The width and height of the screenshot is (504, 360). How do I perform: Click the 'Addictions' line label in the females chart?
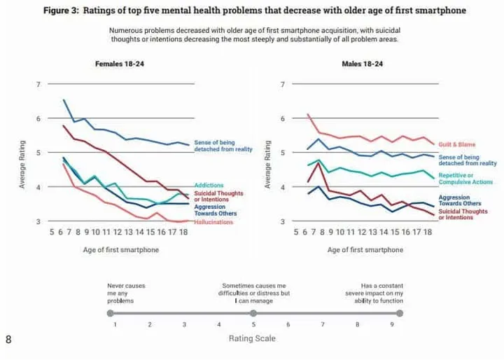click(x=209, y=185)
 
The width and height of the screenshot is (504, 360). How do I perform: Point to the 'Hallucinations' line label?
click(x=213, y=221)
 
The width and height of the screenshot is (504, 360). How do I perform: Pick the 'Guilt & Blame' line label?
click(x=456, y=144)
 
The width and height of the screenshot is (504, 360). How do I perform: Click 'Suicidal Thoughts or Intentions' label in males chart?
click(x=463, y=214)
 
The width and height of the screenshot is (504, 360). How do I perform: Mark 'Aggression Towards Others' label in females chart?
click(x=216, y=209)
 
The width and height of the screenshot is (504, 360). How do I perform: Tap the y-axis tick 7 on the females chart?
click(x=38, y=85)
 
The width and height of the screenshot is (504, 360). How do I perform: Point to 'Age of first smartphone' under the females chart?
click(x=120, y=250)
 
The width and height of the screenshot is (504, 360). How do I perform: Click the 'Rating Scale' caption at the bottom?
click(x=252, y=339)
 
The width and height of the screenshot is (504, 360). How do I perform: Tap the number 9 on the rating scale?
click(x=391, y=325)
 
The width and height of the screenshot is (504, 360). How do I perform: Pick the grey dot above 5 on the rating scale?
click(x=253, y=313)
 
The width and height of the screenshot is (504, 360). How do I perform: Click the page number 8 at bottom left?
click(x=8, y=340)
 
